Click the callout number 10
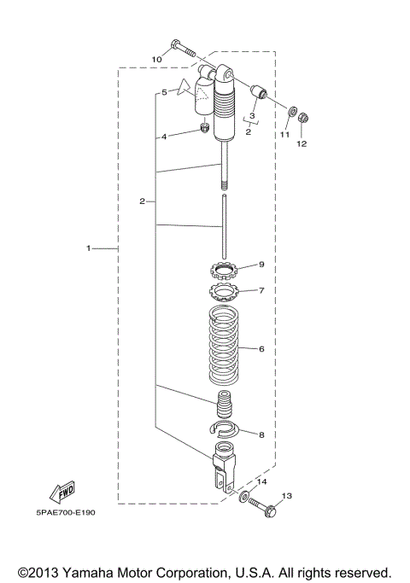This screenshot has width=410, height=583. coord(156,59)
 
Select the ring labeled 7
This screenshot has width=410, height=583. coord(225,294)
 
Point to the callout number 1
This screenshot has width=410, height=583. coord(88,248)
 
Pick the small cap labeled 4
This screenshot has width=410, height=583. coord(205,129)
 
